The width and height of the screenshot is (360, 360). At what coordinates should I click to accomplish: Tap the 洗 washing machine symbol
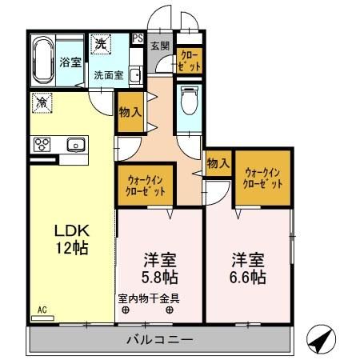[x=101, y=44]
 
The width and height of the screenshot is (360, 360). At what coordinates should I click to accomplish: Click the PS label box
[x=137, y=38]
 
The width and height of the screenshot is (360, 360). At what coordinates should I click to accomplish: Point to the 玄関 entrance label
[x=158, y=46]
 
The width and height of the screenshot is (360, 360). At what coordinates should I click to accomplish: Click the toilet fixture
[x=189, y=101]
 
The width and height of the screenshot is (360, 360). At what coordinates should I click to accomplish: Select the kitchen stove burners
[x=42, y=144]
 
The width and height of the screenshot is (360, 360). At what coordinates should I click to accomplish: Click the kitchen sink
[x=76, y=144]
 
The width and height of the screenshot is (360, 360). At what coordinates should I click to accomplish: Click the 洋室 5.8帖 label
[x=159, y=269]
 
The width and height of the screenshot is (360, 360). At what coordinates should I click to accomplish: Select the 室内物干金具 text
[x=150, y=299]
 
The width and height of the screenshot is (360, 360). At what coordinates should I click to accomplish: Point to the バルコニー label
[x=159, y=340]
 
